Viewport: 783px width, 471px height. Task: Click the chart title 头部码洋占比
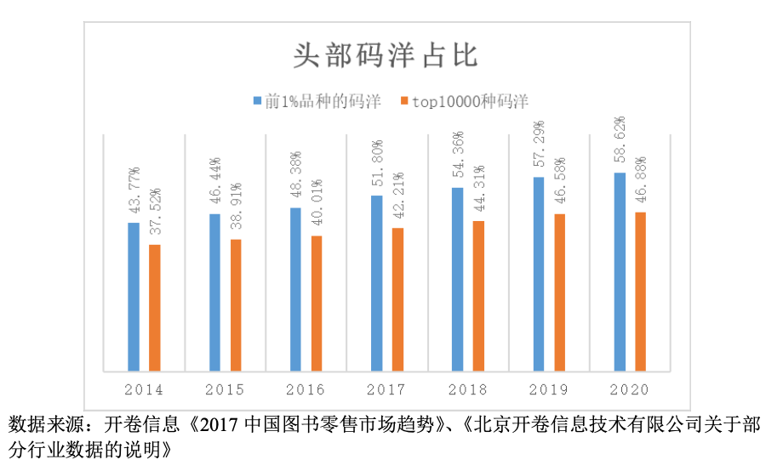[x=386, y=55]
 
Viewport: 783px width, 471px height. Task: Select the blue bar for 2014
[x=134, y=297]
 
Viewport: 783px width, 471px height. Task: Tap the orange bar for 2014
[x=155, y=308]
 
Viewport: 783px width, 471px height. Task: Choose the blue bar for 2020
[x=620, y=271]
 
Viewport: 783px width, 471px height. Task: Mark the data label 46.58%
[x=560, y=182]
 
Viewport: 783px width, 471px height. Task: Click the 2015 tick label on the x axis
[x=225, y=390]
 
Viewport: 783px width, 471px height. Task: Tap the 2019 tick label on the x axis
[x=548, y=390]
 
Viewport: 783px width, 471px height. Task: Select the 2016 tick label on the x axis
[x=306, y=390]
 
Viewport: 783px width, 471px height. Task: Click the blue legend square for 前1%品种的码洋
[x=258, y=101]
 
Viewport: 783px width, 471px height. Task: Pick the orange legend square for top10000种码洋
[x=404, y=101]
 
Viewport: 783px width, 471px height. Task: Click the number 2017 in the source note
[x=220, y=423]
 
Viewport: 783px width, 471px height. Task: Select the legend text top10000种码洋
[x=470, y=101]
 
